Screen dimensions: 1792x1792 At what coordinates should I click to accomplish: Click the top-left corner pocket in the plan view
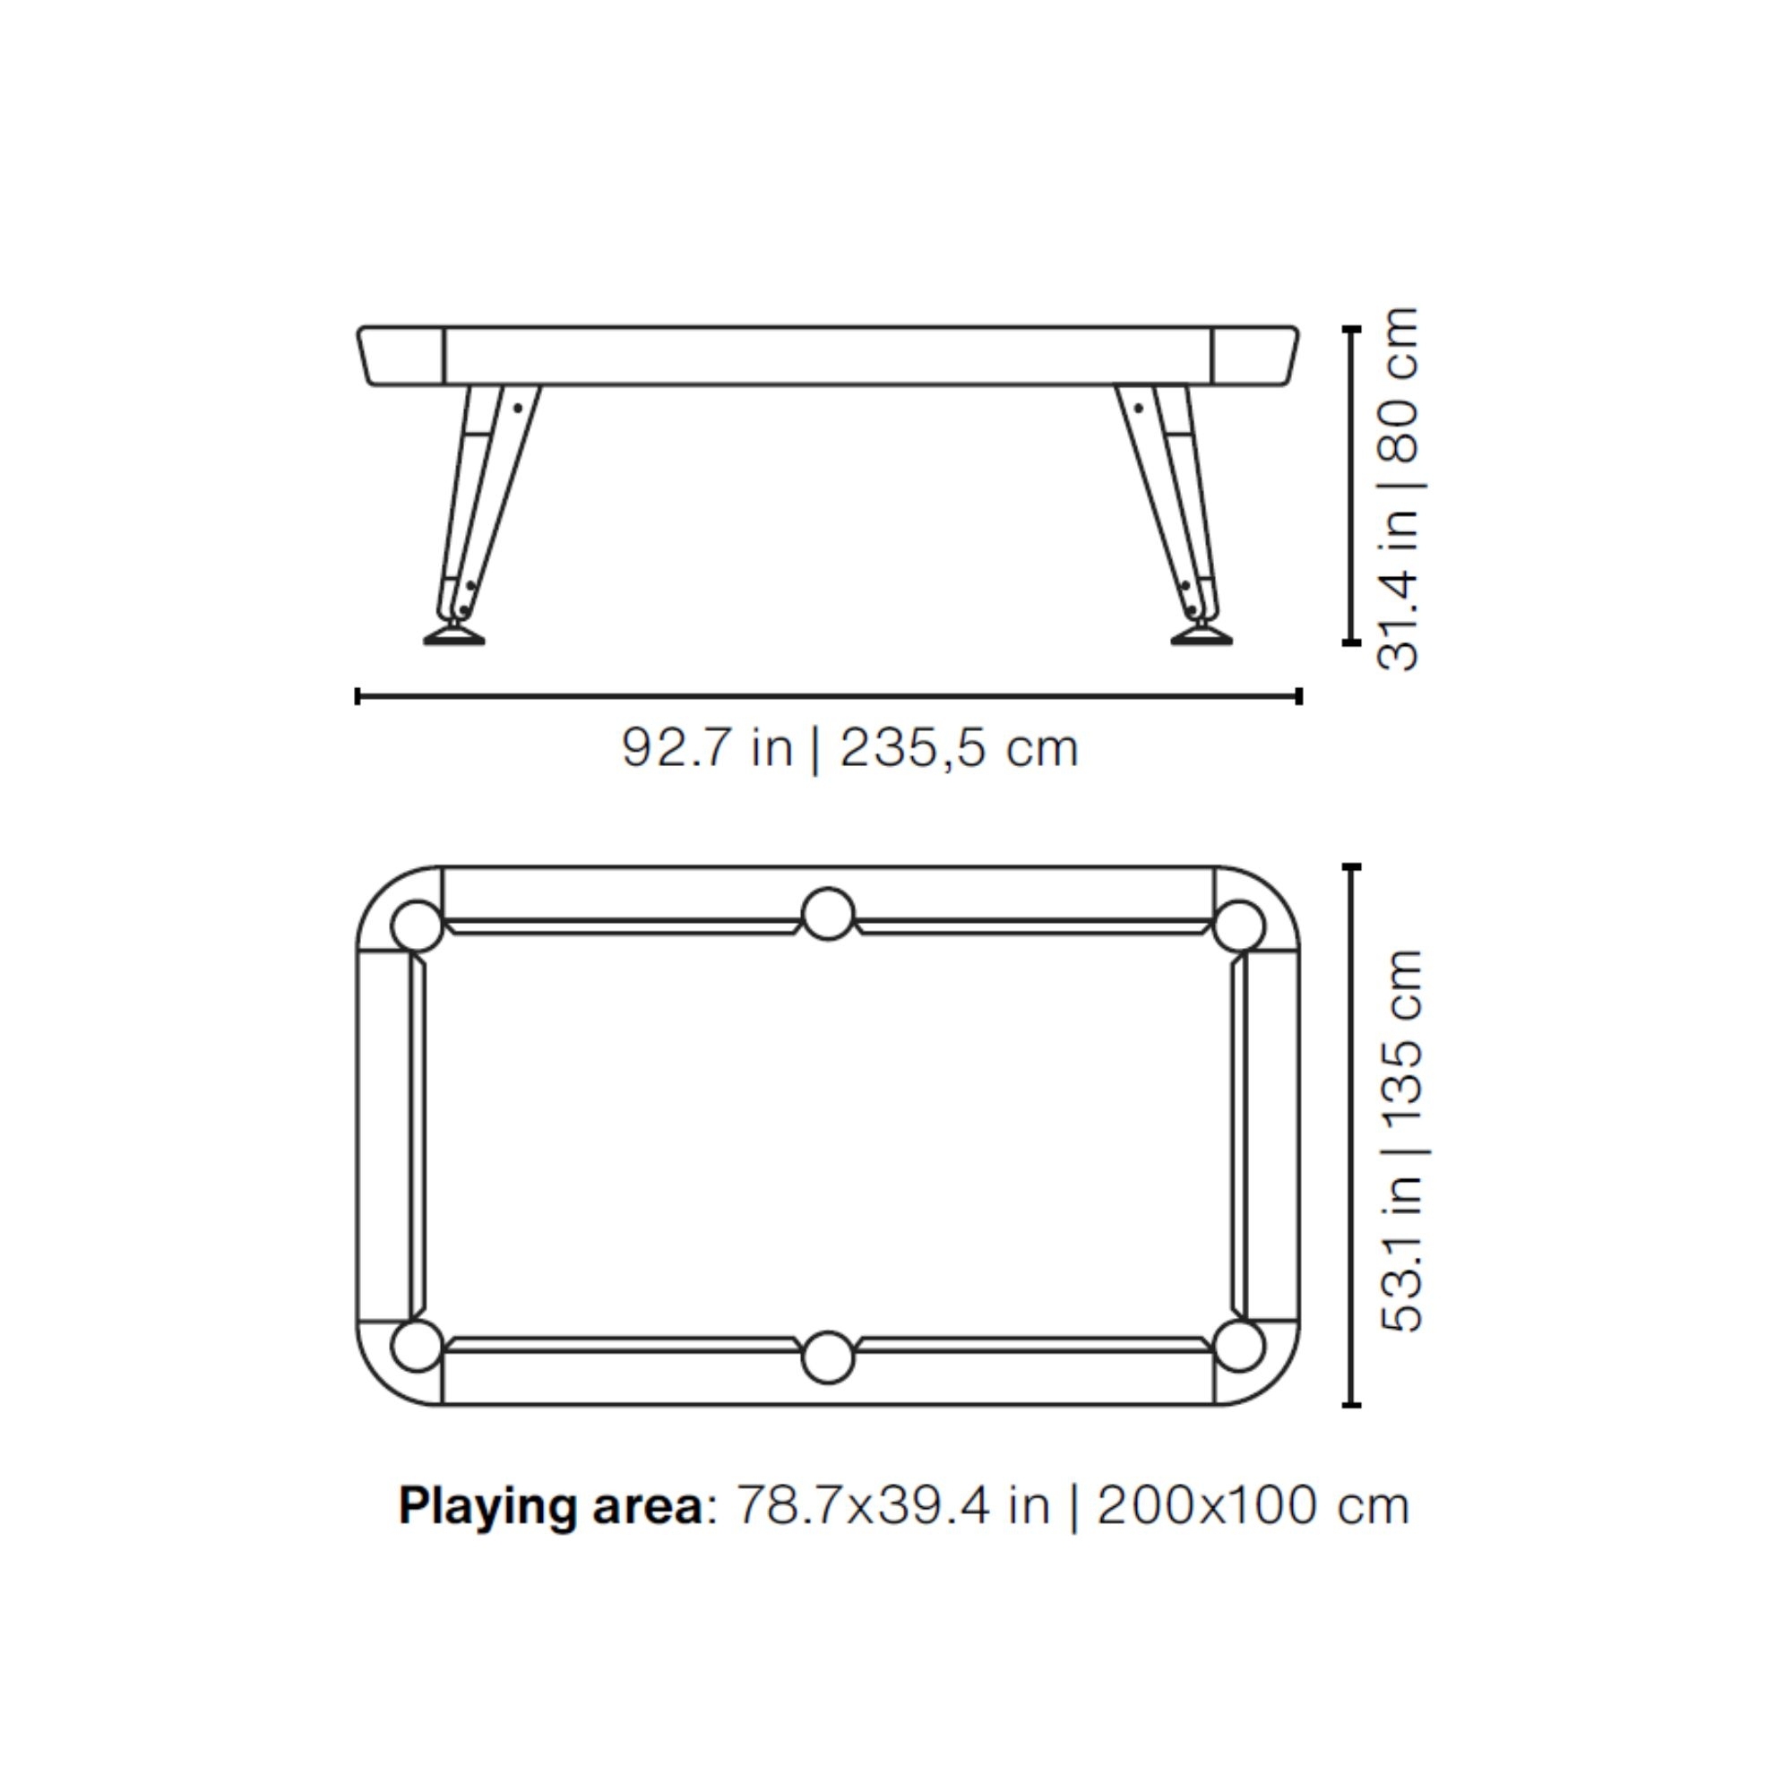coord(418,926)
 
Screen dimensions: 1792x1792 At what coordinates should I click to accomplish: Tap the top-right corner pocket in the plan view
coord(1238,926)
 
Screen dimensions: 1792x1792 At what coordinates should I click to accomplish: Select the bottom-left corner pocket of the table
coord(418,1345)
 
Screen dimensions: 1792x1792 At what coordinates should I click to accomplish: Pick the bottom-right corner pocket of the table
coord(1238,1345)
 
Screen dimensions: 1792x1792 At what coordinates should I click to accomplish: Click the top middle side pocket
coord(827,915)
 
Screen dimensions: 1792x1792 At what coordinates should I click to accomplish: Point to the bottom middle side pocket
coord(827,1358)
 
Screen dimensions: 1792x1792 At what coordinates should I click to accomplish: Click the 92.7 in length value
coord(708,747)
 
